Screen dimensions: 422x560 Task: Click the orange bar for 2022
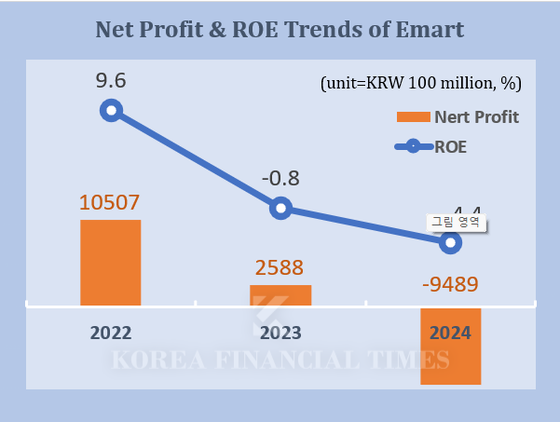point(110,263)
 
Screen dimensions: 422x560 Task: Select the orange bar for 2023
point(280,294)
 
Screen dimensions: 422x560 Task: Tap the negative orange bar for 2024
point(450,346)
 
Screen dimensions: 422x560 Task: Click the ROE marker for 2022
point(111,111)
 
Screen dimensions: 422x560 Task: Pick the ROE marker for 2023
point(280,208)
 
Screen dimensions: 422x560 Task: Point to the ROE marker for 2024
point(450,242)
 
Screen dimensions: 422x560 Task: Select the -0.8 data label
point(280,177)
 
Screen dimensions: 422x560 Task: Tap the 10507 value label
point(110,202)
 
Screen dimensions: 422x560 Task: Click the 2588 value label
point(280,268)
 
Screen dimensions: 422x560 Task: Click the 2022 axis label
point(110,333)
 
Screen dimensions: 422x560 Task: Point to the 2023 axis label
point(280,333)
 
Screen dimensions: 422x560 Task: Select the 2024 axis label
point(450,333)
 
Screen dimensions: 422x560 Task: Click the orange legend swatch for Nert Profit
point(411,117)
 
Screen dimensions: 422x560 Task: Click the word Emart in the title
point(430,30)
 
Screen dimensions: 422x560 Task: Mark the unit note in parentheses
point(420,83)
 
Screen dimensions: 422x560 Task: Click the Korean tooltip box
point(457,223)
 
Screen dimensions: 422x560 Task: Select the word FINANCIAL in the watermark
point(280,361)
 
